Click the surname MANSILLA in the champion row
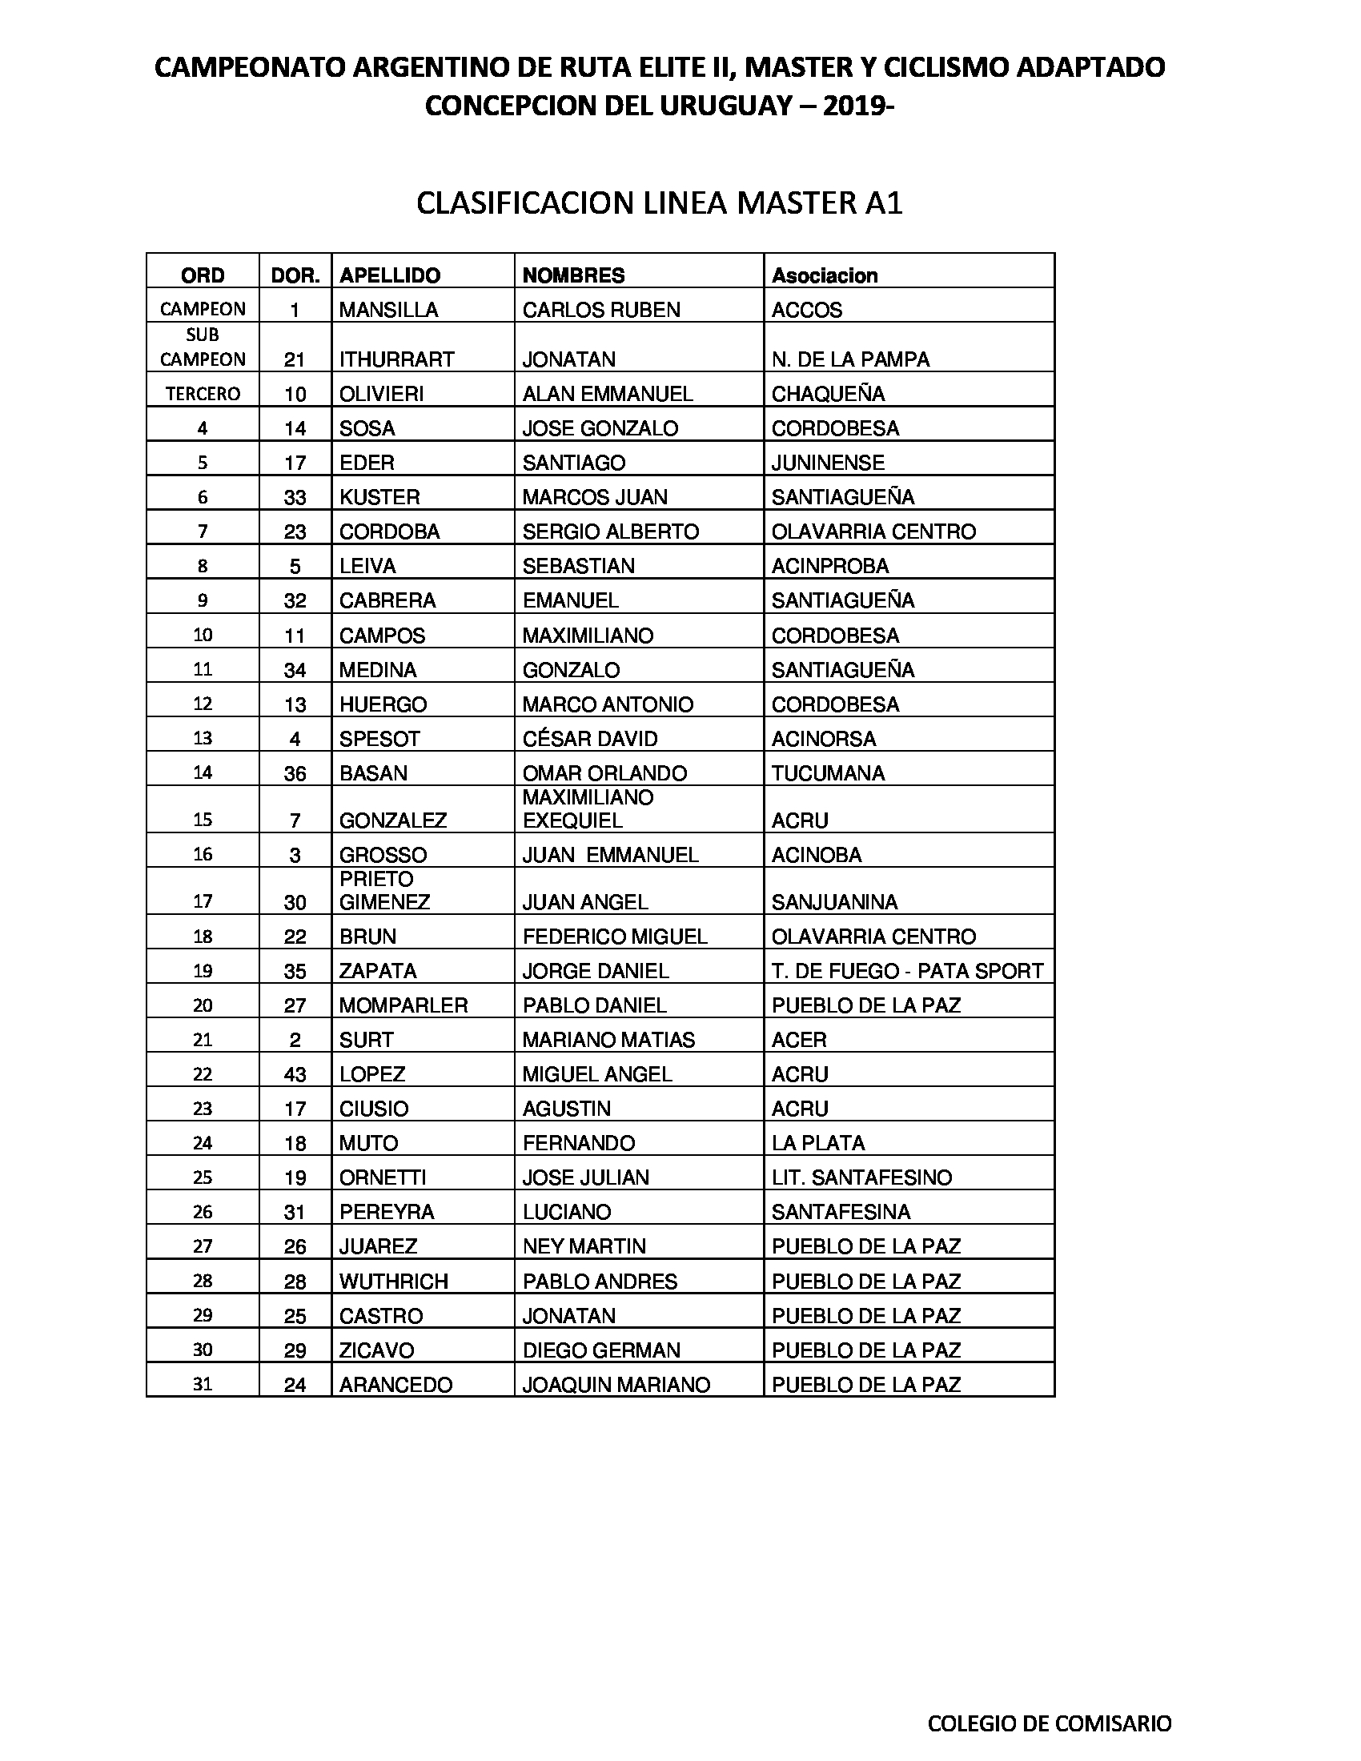point(387,311)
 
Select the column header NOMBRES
point(573,276)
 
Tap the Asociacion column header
point(824,276)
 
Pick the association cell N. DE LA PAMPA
point(849,359)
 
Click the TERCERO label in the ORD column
point(203,394)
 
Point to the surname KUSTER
point(379,498)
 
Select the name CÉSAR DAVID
point(589,739)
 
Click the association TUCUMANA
point(827,773)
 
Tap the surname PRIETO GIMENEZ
point(384,890)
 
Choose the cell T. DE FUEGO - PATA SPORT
point(907,971)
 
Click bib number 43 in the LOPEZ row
point(295,1075)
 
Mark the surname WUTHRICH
point(393,1282)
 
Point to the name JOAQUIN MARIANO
point(616,1386)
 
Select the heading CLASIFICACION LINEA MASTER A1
point(659,203)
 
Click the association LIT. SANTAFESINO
point(861,1178)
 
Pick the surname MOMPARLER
point(403,1005)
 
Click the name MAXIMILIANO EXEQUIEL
point(588,809)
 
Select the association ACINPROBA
point(829,566)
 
